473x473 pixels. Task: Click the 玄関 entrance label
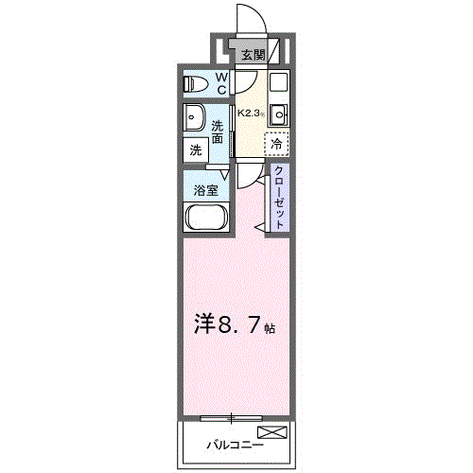252,56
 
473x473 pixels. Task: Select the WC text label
220,83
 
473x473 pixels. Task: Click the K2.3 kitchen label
250,113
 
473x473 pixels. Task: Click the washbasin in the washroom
197,120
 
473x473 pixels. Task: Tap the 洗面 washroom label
219,132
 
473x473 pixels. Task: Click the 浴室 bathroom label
206,188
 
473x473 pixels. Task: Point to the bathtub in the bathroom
206,219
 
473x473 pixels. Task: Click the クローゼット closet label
280,197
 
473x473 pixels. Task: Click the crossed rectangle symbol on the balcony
272,433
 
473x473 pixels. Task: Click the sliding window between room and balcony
230,416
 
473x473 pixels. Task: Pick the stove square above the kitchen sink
278,81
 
